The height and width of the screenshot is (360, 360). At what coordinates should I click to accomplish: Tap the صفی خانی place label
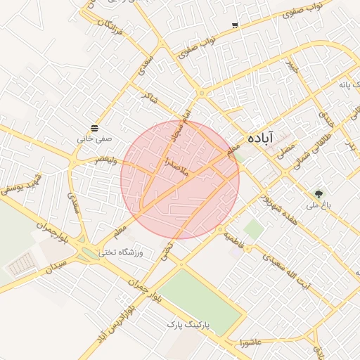(94, 139)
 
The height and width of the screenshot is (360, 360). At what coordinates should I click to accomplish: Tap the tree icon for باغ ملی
(320, 193)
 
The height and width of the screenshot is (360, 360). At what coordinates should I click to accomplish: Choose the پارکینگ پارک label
(188, 324)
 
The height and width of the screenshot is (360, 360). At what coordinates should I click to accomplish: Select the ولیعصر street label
(101, 161)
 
